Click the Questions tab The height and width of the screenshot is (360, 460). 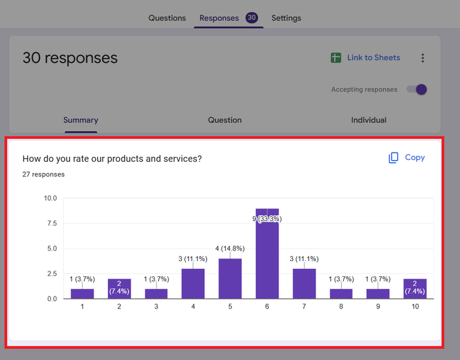pyautogui.click(x=167, y=18)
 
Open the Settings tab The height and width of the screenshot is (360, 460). pyautogui.click(x=286, y=18)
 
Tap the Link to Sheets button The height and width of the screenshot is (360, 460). pyautogui.click(x=365, y=58)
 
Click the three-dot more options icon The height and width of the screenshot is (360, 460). pyautogui.click(x=423, y=58)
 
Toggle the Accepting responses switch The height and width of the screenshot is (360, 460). pyautogui.click(x=417, y=89)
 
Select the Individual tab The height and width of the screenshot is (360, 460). pyautogui.click(x=368, y=120)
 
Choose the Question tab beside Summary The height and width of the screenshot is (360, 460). pyautogui.click(x=225, y=120)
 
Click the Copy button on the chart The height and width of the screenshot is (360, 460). pyautogui.click(x=407, y=158)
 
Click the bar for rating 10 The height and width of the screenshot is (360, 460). pyautogui.click(x=416, y=289)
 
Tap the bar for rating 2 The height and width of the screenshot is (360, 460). pyautogui.click(x=119, y=289)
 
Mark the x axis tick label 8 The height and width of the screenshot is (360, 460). pyautogui.click(x=341, y=307)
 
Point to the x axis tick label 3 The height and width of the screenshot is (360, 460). pyautogui.click(x=156, y=307)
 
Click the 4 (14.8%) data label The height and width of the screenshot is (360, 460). pyautogui.click(x=230, y=248)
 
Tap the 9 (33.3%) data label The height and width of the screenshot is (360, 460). pyautogui.click(x=267, y=219)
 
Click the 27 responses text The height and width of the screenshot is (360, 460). pyautogui.click(x=43, y=174)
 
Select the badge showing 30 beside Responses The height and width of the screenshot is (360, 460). pyautogui.click(x=252, y=18)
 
